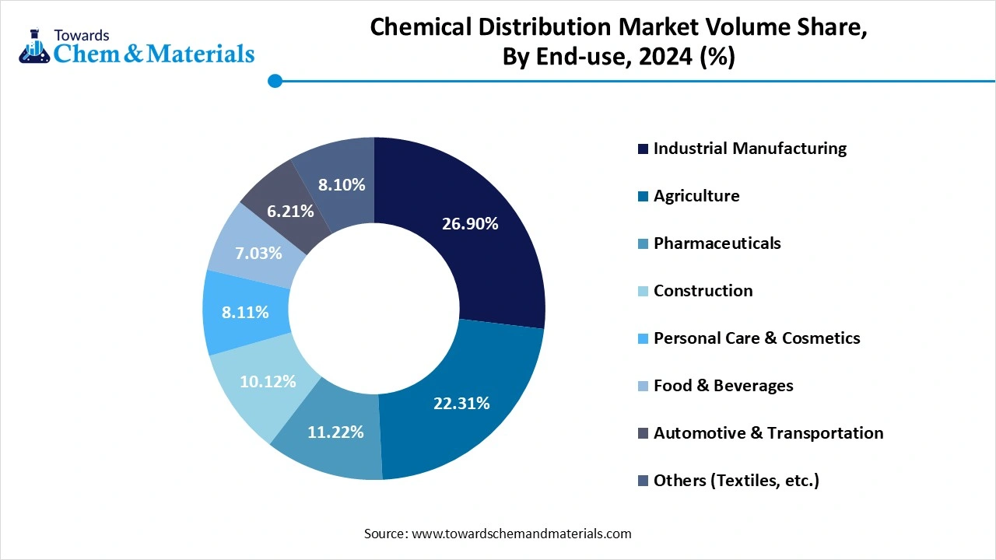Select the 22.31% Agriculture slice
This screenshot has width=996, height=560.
coord(461,403)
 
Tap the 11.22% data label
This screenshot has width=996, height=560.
coord(335,432)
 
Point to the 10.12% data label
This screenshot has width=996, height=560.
coord(268,382)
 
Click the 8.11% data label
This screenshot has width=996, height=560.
coord(245,313)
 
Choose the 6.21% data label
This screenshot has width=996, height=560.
coord(289,211)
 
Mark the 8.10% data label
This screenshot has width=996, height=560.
coord(342,184)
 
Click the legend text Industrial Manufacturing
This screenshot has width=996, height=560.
coord(749,149)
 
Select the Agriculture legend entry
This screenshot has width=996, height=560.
coord(696,196)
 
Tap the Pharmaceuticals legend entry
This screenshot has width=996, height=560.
coord(717,243)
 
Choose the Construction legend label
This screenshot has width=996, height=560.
coord(703,291)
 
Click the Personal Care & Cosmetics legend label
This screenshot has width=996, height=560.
coord(756,338)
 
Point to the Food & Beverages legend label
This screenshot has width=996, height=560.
coord(723,386)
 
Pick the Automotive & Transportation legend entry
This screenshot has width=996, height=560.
coord(768,433)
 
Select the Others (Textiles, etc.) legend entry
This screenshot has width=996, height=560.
coord(736,481)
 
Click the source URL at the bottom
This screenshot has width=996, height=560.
coord(520,534)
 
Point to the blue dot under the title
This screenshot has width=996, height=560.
coord(274,81)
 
